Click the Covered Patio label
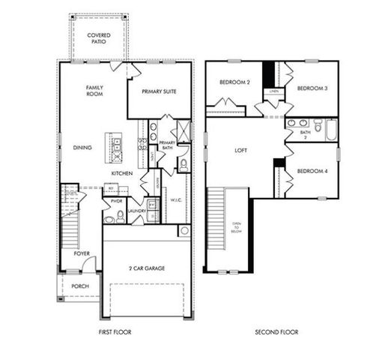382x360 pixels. (x=98, y=39)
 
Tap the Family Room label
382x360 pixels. (x=94, y=91)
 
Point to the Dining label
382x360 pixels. (x=82, y=148)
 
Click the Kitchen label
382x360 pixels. (x=122, y=173)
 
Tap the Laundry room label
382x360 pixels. (x=136, y=211)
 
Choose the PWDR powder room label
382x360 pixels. (x=116, y=201)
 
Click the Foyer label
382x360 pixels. (x=81, y=253)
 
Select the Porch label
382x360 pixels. (x=79, y=286)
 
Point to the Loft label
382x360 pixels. (x=240, y=151)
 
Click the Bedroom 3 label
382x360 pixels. (x=312, y=88)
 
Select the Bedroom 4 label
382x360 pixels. (x=312, y=171)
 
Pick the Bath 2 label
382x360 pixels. (x=305, y=135)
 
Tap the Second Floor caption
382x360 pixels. (x=276, y=331)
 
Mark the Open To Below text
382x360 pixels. (x=237, y=228)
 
